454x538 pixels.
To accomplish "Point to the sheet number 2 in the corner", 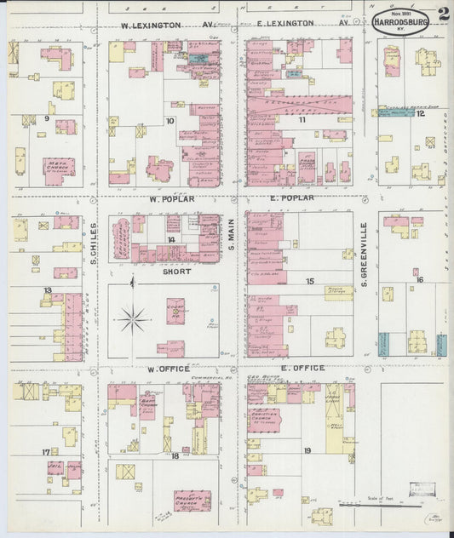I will coord(444,14).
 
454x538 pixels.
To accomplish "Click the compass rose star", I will coord(133,320).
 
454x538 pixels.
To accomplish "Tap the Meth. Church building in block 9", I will coord(59,167).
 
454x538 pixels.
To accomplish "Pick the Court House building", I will coord(176,312).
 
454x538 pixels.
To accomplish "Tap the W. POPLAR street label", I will coord(172,199).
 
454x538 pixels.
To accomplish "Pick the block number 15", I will coord(309,280).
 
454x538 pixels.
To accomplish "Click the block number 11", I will coord(302,120).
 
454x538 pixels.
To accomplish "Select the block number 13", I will coord(49,290).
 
